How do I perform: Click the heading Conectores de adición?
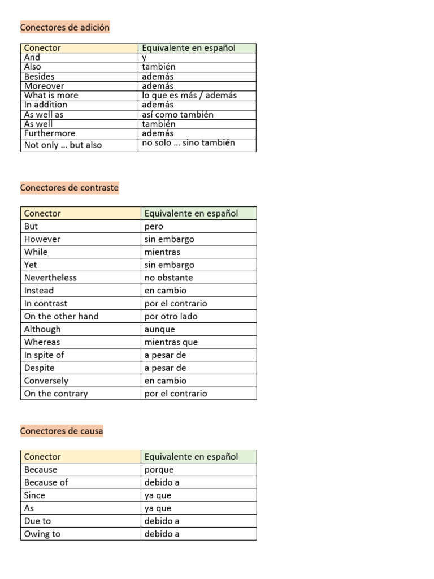point(65,27)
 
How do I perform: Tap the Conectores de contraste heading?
point(70,188)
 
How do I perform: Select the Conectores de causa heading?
point(62,431)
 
